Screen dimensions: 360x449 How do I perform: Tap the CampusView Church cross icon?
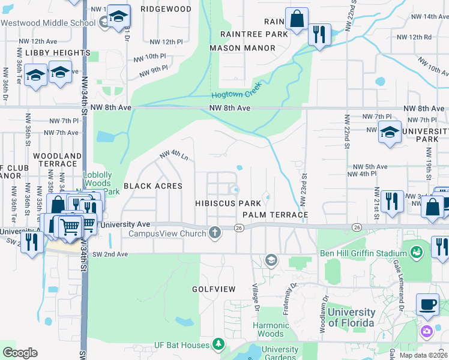[x=215, y=233]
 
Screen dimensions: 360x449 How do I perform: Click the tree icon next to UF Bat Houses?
[x=219, y=344]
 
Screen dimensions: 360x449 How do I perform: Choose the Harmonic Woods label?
[x=270, y=329]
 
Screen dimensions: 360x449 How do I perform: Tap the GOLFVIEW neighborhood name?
[x=213, y=289]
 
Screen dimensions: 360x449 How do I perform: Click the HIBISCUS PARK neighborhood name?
[x=228, y=203]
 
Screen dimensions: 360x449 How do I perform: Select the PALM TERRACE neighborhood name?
[x=275, y=214]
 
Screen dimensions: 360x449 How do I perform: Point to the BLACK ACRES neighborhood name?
[x=152, y=186]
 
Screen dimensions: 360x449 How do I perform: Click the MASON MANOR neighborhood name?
[x=242, y=47]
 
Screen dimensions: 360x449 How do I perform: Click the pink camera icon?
[x=427, y=331]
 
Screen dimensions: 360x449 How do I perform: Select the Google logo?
[x=20, y=352]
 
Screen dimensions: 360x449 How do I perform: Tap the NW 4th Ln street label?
[x=174, y=156]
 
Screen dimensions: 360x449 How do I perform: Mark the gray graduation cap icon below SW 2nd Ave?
[x=271, y=260]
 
